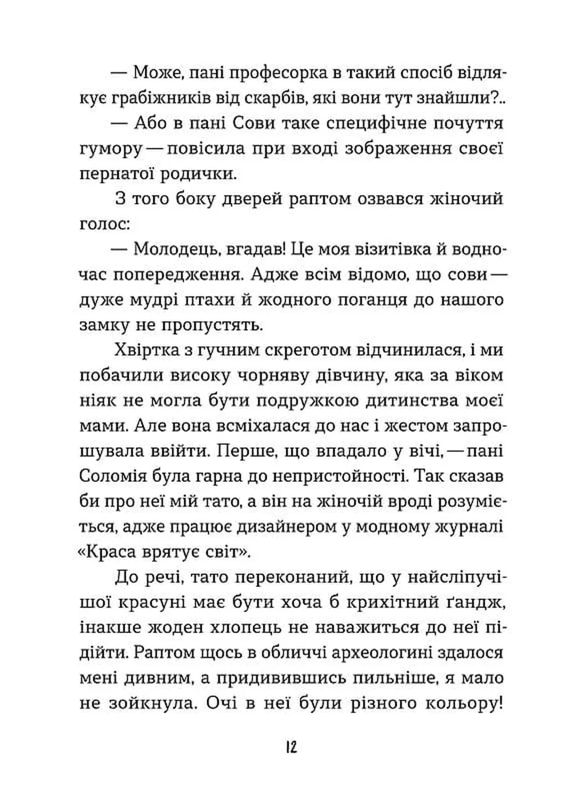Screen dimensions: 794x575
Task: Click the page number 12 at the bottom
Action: (290, 747)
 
